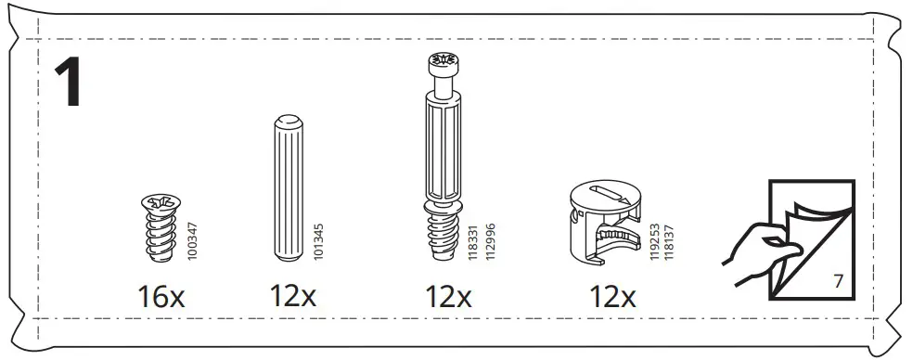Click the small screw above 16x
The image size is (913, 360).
(161, 226)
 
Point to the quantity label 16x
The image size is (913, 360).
(161, 297)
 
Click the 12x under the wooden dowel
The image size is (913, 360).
(293, 297)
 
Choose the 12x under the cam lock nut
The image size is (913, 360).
(612, 297)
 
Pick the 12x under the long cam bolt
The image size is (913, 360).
(449, 297)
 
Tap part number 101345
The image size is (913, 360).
(320, 239)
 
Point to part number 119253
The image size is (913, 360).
(654, 244)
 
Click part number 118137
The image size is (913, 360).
(667, 244)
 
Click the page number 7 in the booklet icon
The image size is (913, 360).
(837, 279)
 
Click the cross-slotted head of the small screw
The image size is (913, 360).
(160, 202)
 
